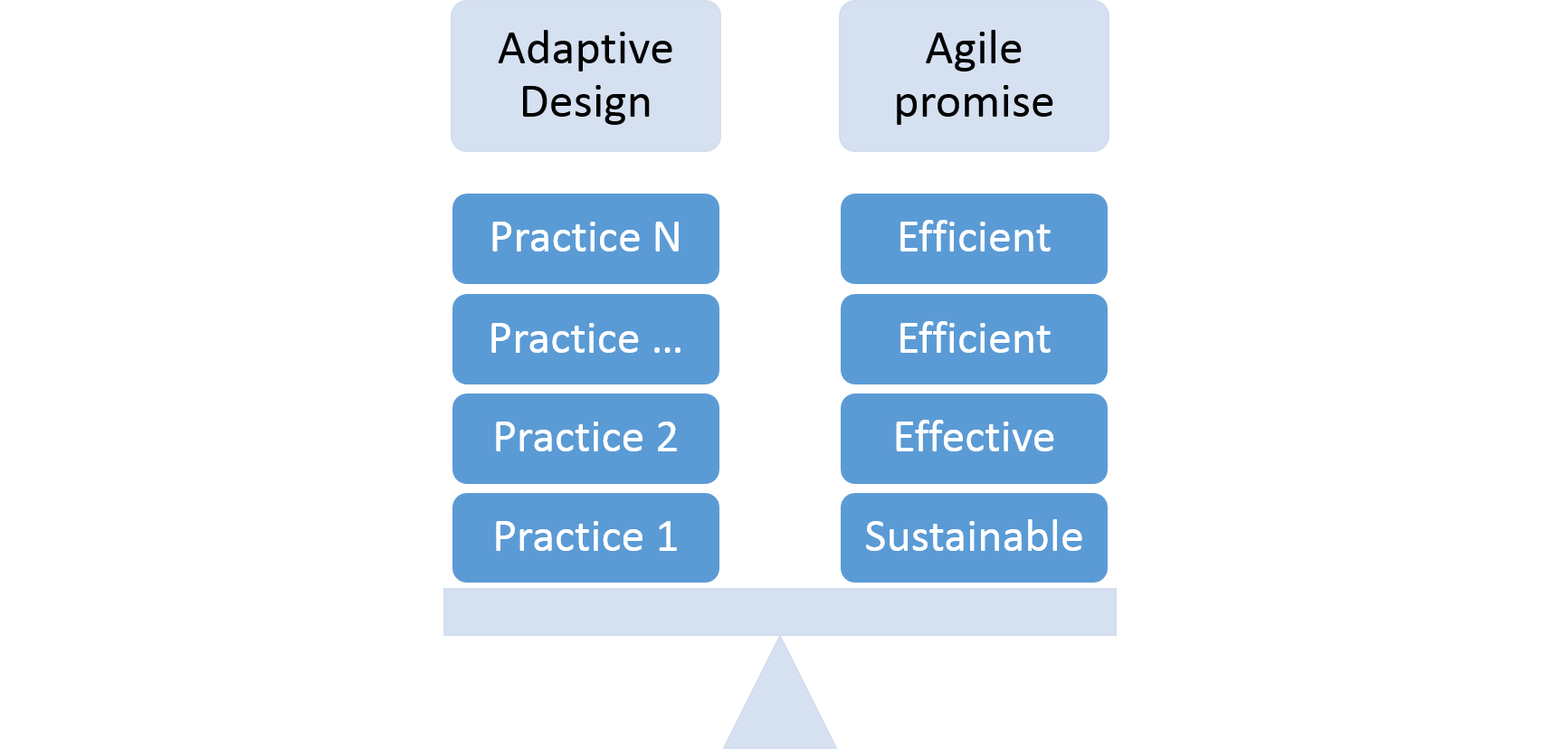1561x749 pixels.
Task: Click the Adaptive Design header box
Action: (x=585, y=76)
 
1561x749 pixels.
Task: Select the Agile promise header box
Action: (x=974, y=76)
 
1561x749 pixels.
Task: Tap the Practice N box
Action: (x=585, y=239)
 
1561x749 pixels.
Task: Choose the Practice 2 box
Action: (x=585, y=439)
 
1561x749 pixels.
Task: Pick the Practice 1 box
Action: (x=585, y=538)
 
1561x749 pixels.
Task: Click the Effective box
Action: (x=974, y=439)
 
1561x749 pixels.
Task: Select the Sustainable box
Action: (x=974, y=538)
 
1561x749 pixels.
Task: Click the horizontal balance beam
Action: (x=780, y=612)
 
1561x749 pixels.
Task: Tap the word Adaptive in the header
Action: (x=585, y=49)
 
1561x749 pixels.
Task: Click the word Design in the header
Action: (x=585, y=102)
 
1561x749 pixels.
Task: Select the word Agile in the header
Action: (x=974, y=49)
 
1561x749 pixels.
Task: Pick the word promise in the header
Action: (x=974, y=102)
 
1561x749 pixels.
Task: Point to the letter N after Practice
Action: (x=667, y=238)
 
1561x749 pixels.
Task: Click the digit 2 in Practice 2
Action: (x=667, y=438)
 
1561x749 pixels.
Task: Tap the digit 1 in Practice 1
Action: (x=667, y=537)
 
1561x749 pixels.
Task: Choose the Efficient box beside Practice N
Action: (x=974, y=239)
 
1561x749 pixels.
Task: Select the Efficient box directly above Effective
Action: (x=974, y=339)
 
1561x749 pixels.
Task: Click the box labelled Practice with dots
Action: (x=585, y=339)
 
